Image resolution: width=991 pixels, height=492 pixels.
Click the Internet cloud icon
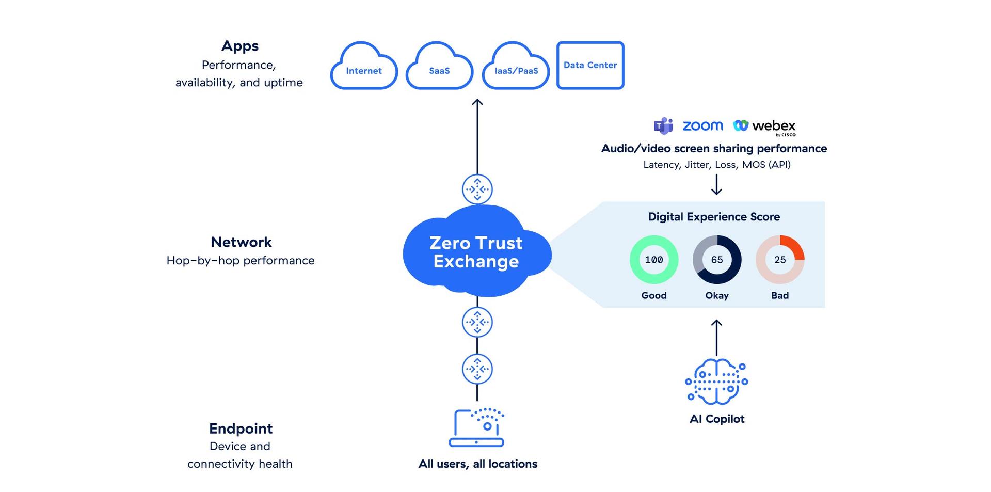pos(364,67)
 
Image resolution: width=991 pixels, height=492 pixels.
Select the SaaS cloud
pos(439,67)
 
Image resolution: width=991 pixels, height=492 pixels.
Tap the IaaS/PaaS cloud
pos(516,67)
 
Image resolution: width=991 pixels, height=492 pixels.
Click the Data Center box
pos(590,65)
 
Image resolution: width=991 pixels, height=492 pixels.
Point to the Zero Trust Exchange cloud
pos(476,252)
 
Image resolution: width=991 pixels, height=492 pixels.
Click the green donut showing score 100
pos(654,260)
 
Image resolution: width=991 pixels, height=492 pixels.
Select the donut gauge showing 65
pos(717,260)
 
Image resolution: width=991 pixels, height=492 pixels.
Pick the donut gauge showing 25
pos(780,260)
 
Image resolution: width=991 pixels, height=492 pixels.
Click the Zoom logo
pos(702,125)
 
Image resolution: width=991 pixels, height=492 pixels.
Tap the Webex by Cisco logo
pos(764,126)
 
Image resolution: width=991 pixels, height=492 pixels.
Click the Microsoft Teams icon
pos(663,125)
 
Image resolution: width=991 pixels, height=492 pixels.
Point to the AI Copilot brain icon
pos(716,382)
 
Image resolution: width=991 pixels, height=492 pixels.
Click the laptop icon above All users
pos(476,428)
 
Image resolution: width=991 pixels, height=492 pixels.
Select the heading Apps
pos(240,46)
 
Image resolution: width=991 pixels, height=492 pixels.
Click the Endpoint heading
pos(241,428)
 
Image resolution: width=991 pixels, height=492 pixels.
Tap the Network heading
pos(241,242)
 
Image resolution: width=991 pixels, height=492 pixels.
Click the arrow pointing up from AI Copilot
pos(716,337)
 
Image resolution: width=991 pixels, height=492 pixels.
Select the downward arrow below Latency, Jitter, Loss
pos(716,184)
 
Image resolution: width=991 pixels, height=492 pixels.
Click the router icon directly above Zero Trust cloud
pos(477,189)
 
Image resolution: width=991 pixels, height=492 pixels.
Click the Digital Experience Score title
pos(714,217)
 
